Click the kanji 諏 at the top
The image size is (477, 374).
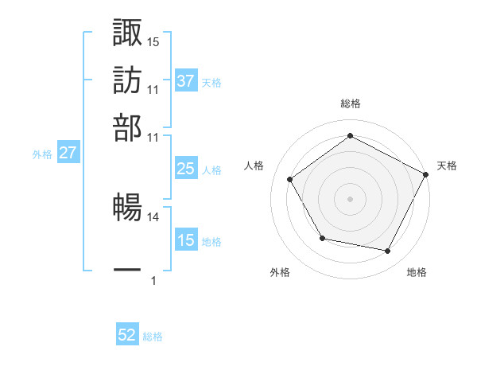point(128,33)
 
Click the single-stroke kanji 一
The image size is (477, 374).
point(128,270)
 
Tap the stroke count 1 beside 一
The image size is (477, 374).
point(153,280)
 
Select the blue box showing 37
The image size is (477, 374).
point(186,81)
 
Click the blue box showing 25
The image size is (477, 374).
point(186,169)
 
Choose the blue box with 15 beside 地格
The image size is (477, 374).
point(186,240)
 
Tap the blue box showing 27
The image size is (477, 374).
point(68,153)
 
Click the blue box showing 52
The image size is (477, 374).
point(127,335)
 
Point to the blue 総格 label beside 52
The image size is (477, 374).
point(153,337)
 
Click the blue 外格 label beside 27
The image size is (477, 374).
point(41,154)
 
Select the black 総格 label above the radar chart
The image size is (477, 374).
point(351,103)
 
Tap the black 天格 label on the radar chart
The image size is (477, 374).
point(447,166)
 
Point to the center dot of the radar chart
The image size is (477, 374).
point(351,199)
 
